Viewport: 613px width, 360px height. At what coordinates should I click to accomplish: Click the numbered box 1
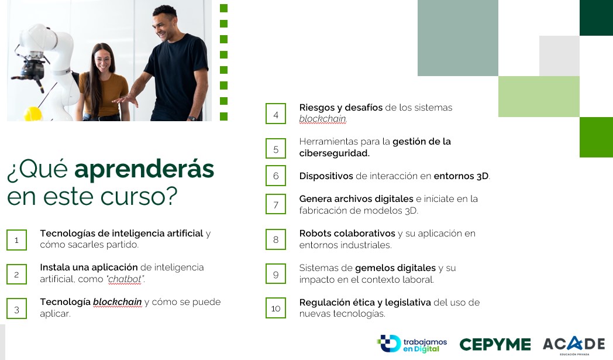point(16,240)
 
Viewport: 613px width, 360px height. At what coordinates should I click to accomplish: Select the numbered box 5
point(275,148)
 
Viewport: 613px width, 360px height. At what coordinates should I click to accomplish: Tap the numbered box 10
point(275,308)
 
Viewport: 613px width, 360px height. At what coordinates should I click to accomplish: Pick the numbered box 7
point(275,204)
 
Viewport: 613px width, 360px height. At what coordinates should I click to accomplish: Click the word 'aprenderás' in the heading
point(144,169)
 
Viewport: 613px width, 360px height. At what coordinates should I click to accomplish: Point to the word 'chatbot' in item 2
point(125,279)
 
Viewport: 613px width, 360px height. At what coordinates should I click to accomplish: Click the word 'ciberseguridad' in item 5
point(333,153)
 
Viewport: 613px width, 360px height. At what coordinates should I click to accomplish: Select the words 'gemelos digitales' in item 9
point(395,268)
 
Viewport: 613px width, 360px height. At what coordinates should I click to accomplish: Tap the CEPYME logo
point(495,344)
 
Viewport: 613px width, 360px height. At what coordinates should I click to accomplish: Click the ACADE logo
point(573,344)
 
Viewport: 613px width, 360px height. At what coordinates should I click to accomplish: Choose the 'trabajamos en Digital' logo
point(412,344)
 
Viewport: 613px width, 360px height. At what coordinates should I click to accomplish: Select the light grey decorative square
point(559,56)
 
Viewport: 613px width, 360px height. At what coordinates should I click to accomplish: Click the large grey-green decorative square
point(458,38)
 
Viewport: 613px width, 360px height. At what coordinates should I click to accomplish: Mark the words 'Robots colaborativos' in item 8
point(347,234)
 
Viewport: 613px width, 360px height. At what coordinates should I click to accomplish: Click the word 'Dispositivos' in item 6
point(326,176)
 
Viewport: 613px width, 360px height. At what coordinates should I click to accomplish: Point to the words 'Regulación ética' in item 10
point(337,303)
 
